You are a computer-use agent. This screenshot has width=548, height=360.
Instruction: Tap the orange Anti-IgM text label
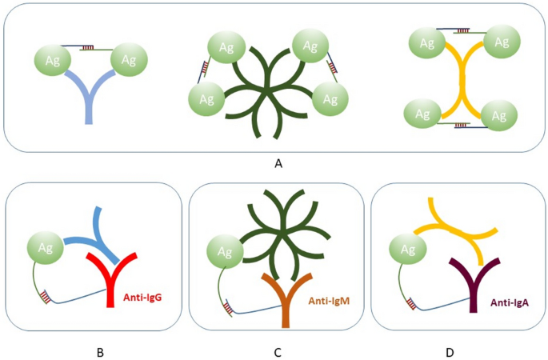(x=329, y=301)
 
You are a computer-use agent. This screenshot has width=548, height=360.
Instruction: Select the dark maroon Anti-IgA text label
(x=505, y=301)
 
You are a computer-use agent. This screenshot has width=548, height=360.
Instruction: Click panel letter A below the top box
(x=278, y=163)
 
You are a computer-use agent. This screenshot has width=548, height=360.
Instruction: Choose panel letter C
(x=276, y=350)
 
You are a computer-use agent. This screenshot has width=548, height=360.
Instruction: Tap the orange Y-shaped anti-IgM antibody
(x=285, y=300)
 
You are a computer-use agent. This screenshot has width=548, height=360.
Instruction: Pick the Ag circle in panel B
(x=45, y=246)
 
